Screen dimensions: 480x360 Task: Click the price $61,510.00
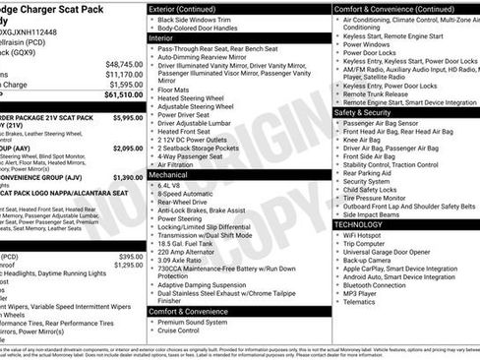point(123,95)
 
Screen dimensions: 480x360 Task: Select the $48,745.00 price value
point(124,64)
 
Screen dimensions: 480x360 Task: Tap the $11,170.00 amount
point(124,74)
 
